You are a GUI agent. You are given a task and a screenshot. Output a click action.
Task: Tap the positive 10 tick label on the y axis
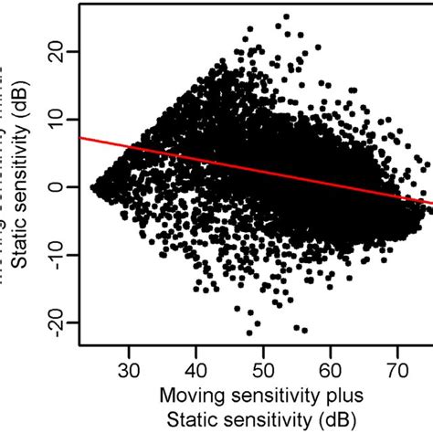click(x=60, y=120)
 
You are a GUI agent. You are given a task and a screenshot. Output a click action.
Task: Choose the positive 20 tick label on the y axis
click(x=60, y=53)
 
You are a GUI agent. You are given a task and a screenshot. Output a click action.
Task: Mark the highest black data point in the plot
click(x=286, y=16)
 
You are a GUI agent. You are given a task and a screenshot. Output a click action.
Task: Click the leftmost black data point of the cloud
click(x=92, y=186)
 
